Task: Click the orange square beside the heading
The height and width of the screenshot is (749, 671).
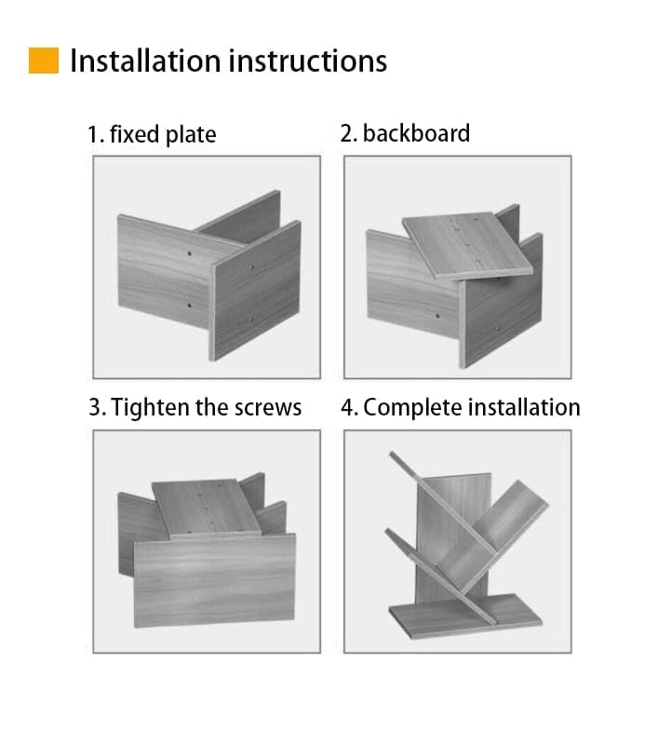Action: click(x=44, y=61)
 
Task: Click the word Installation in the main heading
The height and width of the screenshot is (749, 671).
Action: click(x=145, y=61)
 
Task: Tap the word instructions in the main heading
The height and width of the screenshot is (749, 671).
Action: click(x=308, y=61)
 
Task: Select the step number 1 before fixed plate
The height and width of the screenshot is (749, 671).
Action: click(x=96, y=134)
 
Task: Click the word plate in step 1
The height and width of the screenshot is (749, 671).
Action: click(x=191, y=135)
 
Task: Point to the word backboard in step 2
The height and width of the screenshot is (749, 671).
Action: click(x=416, y=133)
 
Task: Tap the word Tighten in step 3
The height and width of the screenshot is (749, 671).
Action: click(x=151, y=408)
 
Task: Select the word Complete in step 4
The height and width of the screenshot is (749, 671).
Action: click(x=413, y=408)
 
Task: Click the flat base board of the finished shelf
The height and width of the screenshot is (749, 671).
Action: click(x=465, y=616)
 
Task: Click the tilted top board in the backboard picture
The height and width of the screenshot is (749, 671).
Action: click(x=467, y=246)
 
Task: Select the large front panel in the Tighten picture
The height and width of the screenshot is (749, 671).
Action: click(x=215, y=581)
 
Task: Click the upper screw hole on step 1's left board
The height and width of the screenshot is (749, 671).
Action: click(x=190, y=253)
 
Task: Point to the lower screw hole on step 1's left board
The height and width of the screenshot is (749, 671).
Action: click(x=190, y=305)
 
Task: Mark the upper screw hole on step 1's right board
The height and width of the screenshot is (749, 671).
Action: click(x=251, y=266)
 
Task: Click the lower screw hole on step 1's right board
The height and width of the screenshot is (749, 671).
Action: click(x=251, y=320)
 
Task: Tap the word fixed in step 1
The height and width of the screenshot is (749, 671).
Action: click(x=135, y=134)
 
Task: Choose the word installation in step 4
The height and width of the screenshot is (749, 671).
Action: click(x=524, y=408)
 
